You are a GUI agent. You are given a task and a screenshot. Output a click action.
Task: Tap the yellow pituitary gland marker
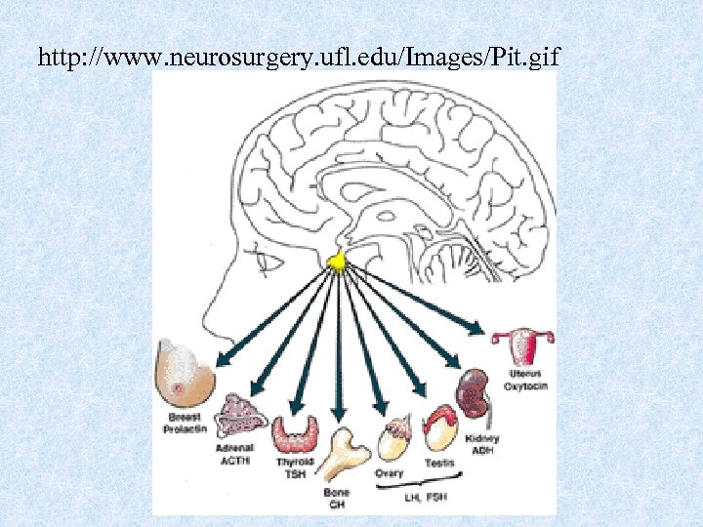pos(337,262)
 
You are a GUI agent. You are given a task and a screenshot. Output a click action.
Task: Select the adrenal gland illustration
pos(241,416)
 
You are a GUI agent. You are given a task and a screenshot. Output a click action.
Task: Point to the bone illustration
pos(343,454)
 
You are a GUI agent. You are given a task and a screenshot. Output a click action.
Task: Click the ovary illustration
pos(393,440)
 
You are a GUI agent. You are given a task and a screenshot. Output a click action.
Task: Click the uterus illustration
pos(523,345)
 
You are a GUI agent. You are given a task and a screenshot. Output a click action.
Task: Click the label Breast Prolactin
pos(184,424)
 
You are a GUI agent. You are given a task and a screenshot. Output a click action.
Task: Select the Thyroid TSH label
pos(294,466)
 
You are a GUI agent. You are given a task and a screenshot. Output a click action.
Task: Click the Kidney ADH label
pos(482,445)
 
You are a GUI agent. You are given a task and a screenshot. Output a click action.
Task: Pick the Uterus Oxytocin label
pos(525,380)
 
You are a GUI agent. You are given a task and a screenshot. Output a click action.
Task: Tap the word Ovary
pos(390,473)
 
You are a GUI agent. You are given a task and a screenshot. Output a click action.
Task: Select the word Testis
pos(438,464)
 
